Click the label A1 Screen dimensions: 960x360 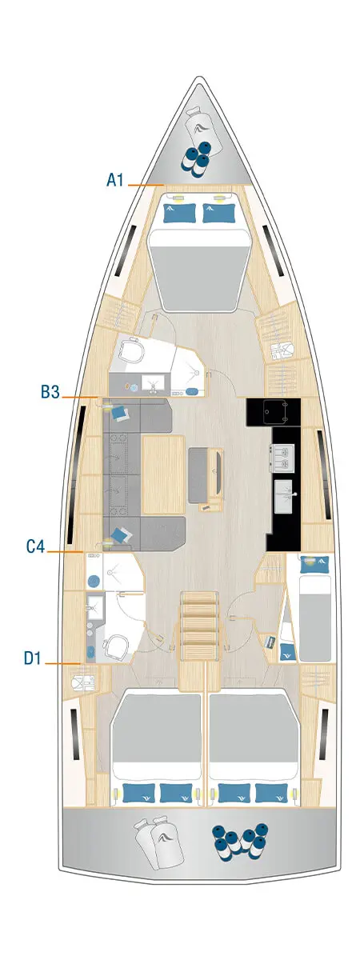pyautogui.click(x=115, y=181)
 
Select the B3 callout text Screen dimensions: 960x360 pyautogui.click(x=51, y=393)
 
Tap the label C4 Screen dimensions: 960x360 pyautogui.click(x=35, y=547)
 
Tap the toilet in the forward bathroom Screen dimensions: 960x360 pyautogui.click(x=132, y=352)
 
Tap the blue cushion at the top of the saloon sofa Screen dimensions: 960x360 pyautogui.click(x=122, y=412)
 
